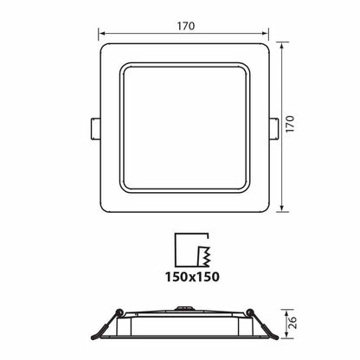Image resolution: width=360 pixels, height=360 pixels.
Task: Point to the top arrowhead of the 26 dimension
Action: [286, 313]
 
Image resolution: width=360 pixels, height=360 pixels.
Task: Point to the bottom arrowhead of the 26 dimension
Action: [286, 338]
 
